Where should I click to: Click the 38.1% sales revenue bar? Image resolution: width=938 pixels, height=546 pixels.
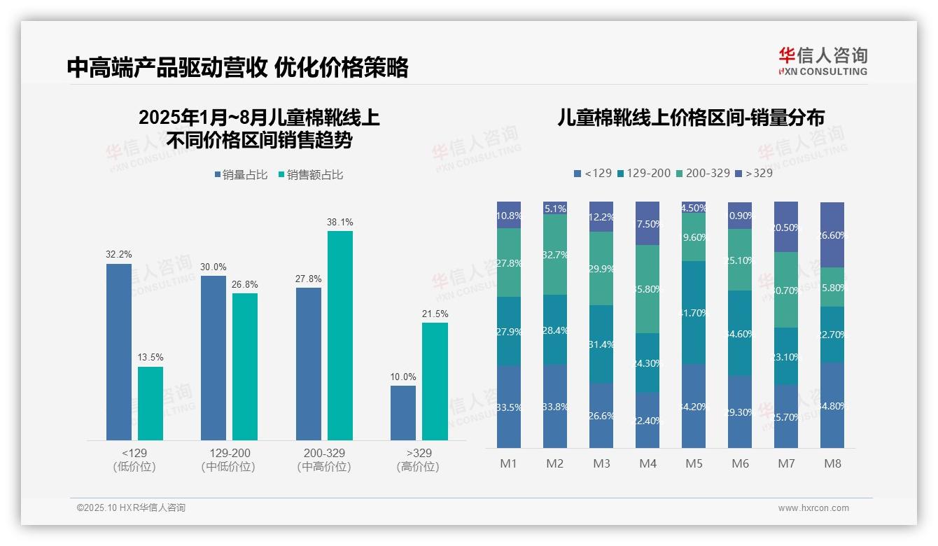pos(340,335)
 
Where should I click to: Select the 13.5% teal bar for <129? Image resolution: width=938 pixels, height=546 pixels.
pos(150,403)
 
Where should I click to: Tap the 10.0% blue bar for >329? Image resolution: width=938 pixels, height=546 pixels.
pos(403,413)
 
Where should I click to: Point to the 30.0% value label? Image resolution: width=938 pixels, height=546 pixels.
pos(213,267)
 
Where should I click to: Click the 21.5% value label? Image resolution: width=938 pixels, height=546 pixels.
pos(435,314)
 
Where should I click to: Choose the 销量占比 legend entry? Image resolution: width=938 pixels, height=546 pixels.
pos(241,174)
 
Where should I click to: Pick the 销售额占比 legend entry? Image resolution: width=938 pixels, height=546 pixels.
pos(311,174)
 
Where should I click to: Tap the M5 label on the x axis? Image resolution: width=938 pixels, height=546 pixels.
pos(694,463)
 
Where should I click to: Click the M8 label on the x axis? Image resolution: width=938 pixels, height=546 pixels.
pos(832,463)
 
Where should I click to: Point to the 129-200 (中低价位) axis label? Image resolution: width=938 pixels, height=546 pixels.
pos(229,460)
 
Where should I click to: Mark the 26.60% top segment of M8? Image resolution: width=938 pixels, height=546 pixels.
pos(832,235)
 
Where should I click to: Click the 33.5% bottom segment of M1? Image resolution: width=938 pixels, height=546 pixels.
pos(509,407)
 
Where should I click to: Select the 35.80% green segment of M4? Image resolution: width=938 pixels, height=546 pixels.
pos(647,289)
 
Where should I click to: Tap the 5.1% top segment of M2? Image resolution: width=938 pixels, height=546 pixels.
pos(555,208)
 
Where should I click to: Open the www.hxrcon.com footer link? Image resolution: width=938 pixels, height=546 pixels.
pos(813,508)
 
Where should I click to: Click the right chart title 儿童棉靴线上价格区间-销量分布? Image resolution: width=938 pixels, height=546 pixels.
pos(690,118)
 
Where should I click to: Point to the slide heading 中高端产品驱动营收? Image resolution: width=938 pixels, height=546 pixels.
pos(167,68)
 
